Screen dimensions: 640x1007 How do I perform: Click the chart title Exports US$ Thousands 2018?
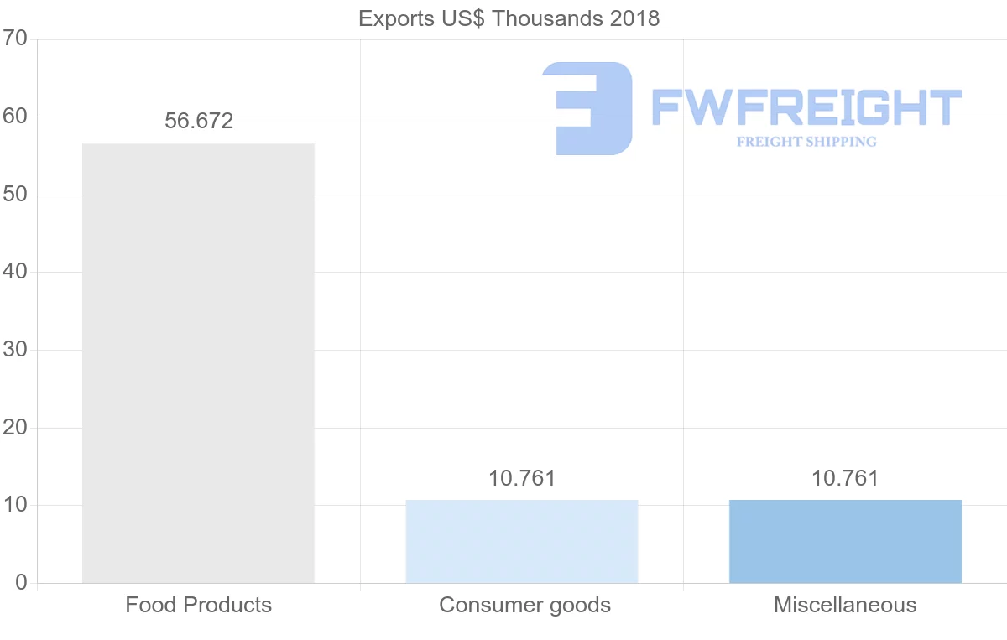click(509, 18)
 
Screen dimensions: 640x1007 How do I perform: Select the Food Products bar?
click(198, 363)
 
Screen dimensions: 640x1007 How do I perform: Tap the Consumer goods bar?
click(521, 542)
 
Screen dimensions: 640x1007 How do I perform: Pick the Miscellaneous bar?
click(845, 542)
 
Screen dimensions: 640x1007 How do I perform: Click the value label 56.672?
click(199, 122)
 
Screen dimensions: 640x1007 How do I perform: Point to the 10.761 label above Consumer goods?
click(522, 479)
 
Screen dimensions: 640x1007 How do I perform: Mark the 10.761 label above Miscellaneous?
click(845, 479)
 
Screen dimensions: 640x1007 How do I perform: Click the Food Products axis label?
click(199, 605)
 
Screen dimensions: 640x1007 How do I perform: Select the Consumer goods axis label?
click(524, 605)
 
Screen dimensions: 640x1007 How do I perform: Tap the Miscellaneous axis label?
click(845, 605)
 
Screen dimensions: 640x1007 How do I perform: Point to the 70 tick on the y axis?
click(15, 39)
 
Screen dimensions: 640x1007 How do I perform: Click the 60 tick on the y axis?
click(15, 117)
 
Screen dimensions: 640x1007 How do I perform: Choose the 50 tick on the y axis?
click(15, 195)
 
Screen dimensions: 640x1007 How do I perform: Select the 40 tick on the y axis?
click(15, 273)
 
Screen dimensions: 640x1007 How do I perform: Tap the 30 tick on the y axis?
click(15, 351)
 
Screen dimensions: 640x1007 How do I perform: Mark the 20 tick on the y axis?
click(15, 428)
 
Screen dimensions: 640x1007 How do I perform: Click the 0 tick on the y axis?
click(21, 583)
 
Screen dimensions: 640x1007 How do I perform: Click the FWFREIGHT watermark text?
click(806, 107)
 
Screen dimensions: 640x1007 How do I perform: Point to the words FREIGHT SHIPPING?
click(806, 142)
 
